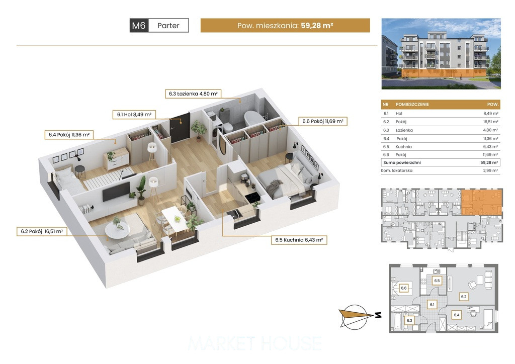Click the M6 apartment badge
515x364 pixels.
pos(139,25)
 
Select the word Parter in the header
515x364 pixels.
pos(168,26)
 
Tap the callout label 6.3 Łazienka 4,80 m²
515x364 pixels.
pos(193,94)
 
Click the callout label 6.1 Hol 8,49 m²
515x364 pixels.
pos(134,115)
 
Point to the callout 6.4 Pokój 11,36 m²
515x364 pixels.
pos(69,135)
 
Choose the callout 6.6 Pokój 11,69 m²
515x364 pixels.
pos(323,121)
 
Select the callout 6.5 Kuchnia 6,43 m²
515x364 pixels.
pos(299,240)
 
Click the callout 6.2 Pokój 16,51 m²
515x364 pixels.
pos(42,231)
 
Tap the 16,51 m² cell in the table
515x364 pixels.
pos(491,122)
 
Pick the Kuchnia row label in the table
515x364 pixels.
pos(403,147)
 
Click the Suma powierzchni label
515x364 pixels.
pos(402,162)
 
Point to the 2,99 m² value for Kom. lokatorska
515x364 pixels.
pos(491,170)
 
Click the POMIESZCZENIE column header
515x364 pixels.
pos(412,105)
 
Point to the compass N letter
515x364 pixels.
pos(378,315)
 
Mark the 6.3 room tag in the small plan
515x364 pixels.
pos(409,320)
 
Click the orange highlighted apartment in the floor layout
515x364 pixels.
pos(481,202)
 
